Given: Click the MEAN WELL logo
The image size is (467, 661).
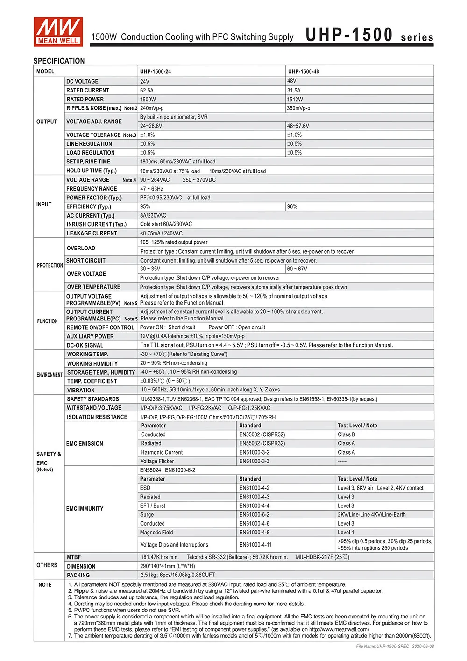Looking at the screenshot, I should (58, 31).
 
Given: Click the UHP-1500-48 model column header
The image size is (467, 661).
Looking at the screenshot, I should (304, 71).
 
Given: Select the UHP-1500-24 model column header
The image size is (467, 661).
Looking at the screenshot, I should (156, 71).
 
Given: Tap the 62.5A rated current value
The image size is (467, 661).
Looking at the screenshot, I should (147, 90).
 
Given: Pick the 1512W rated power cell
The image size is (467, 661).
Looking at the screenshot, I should (295, 100).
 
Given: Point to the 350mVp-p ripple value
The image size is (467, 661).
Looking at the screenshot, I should (298, 108).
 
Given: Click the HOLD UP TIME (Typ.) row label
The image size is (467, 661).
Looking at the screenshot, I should (92, 171).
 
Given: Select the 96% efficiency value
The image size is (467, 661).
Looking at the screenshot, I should (292, 206).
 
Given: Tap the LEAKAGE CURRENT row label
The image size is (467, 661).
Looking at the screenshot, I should (92, 233).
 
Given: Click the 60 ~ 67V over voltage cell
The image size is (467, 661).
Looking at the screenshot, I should (297, 269).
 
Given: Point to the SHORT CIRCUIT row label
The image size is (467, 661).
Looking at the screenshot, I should (86, 261).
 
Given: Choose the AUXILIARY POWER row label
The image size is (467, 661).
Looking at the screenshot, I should (90, 336).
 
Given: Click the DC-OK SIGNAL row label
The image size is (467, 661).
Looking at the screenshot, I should (85, 345).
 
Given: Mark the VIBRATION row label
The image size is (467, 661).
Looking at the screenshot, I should (81, 390).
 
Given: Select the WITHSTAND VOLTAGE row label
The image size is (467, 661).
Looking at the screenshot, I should (94, 408).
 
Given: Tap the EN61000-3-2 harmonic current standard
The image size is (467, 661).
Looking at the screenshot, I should (255, 452).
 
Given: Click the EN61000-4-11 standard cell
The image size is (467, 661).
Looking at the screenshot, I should (255, 545).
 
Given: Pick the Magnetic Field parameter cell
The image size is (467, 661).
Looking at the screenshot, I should (156, 533).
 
